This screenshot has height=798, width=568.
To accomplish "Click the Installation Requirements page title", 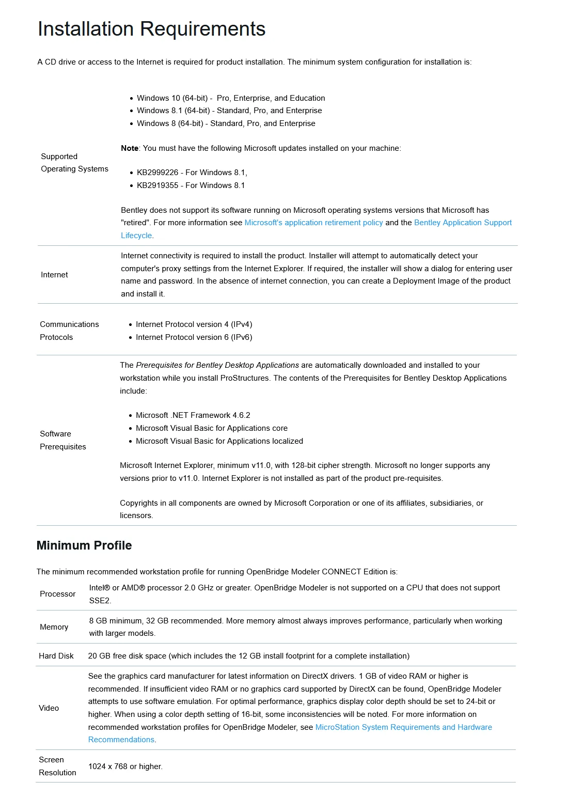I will pyautogui.click(x=151, y=29).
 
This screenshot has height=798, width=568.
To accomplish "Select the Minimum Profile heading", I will pyautogui.click(x=84, y=545).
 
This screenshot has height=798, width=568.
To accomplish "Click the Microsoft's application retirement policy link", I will pyautogui.click(x=313, y=223).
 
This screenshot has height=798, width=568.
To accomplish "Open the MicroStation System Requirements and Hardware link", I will pyautogui.click(x=403, y=727).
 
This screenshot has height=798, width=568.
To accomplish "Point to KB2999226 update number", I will pyautogui.click(x=157, y=173).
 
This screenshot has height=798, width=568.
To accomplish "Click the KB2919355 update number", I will pyautogui.click(x=157, y=185).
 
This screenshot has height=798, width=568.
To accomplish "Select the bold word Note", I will pyautogui.click(x=130, y=148).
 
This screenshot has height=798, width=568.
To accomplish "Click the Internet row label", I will pyautogui.click(x=54, y=275).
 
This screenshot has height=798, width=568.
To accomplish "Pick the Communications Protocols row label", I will pyautogui.click(x=69, y=331).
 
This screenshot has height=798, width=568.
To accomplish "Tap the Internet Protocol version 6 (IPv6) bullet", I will pyautogui.click(x=194, y=337).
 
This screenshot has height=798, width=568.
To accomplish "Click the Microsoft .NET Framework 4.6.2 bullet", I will pyautogui.click(x=193, y=415).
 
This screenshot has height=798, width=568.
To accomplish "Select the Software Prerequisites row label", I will pyautogui.click(x=62, y=440).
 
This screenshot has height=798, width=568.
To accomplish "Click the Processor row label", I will pyautogui.click(x=57, y=594).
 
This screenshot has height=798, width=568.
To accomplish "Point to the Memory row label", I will pyautogui.click(x=54, y=627).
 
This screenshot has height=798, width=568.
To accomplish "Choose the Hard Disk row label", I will pyautogui.click(x=56, y=656).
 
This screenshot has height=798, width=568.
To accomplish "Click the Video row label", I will pyautogui.click(x=49, y=708).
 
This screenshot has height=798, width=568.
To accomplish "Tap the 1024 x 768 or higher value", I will pyautogui.click(x=125, y=766).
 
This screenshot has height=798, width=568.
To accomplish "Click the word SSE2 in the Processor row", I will pyautogui.click(x=100, y=601).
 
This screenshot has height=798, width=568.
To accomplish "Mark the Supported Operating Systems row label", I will pyautogui.click(x=74, y=163).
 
